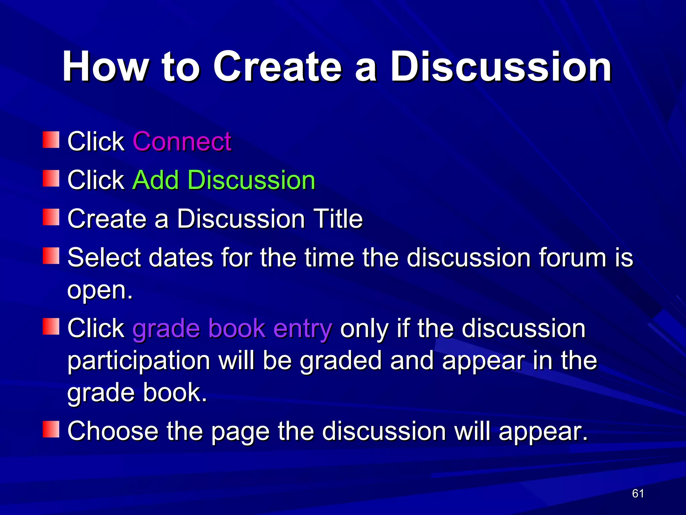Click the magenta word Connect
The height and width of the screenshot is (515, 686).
click(182, 141)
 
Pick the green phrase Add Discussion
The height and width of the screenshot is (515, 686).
click(224, 180)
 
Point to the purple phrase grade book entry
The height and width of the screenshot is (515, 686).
click(232, 328)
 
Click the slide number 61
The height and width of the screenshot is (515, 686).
click(638, 494)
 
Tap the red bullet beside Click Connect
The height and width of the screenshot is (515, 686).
click(51, 140)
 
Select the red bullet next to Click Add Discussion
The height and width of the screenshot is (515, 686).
click(51, 178)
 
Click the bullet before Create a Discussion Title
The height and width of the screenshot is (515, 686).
click(51, 217)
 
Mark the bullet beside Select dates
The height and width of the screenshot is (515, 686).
click(51, 256)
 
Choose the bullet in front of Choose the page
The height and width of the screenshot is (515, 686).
click(51, 430)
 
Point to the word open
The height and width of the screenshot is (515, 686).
click(99, 290)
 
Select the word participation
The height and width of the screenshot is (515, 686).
click(139, 361)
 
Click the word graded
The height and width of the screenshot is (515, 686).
click(341, 361)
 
